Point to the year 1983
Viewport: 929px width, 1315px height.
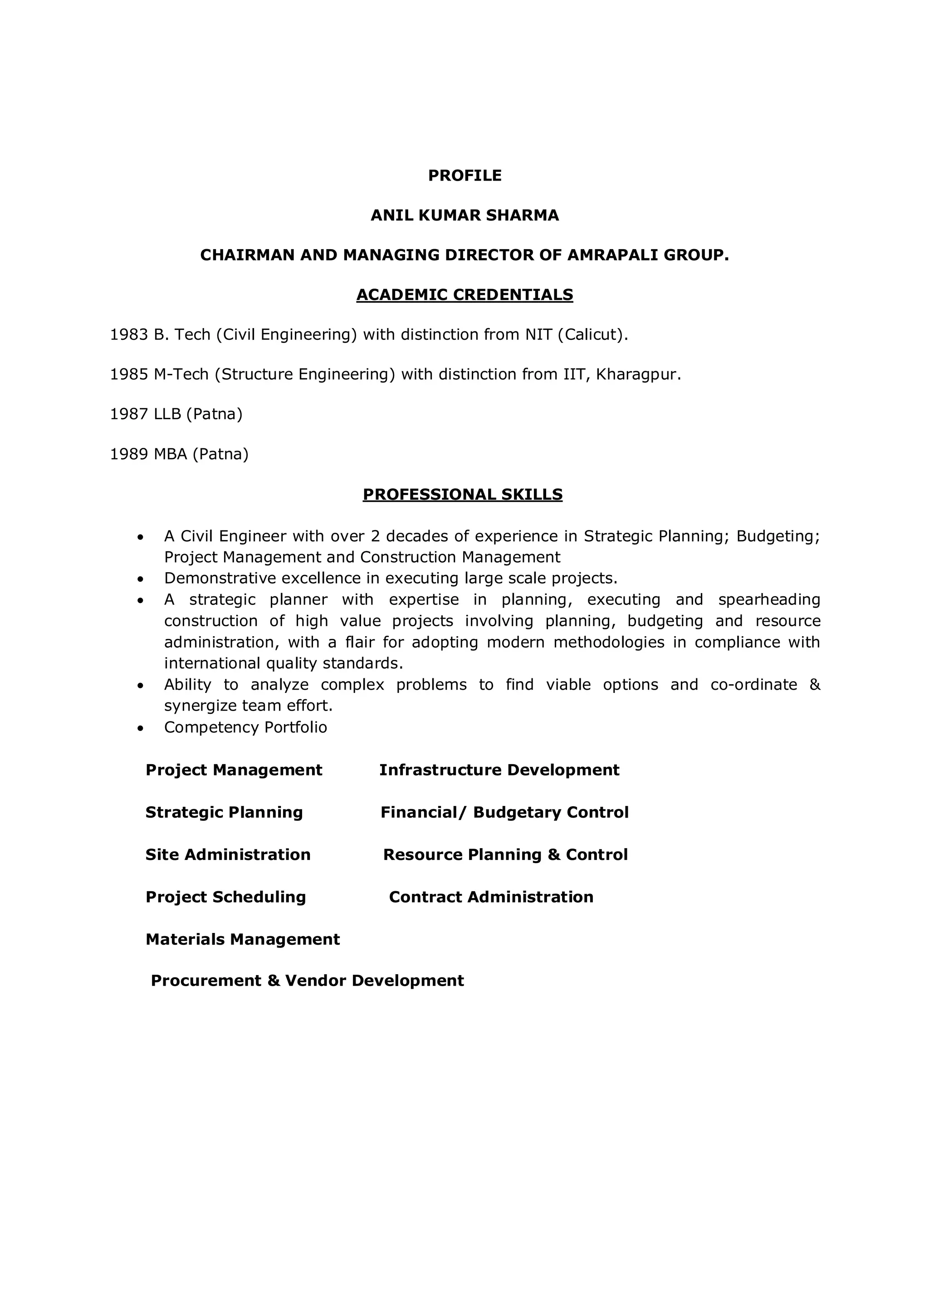pos(129,334)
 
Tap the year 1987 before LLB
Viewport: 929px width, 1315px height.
pos(129,414)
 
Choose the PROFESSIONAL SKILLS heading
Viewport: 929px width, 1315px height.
pos(463,494)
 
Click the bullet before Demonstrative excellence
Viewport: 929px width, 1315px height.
pos(140,579)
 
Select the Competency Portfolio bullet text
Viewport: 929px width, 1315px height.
pos(245,727)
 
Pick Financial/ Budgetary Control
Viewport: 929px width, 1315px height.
pos(504,812)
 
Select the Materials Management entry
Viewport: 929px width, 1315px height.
pos(243,939)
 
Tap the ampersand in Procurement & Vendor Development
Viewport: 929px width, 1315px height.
pos(273,981)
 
